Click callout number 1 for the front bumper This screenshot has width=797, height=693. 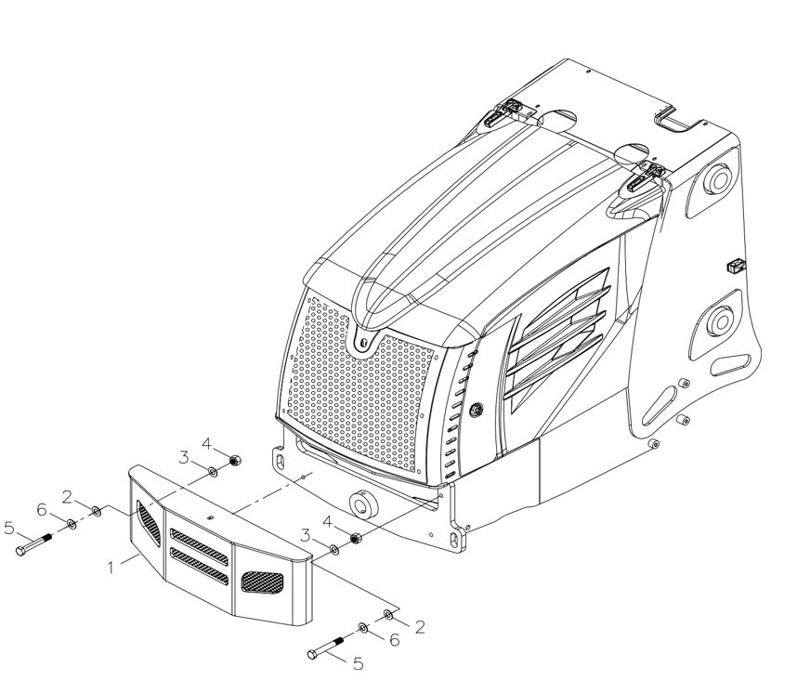point(111,568)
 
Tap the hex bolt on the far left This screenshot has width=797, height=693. point(34,543)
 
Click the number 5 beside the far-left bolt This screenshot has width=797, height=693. point(8,528)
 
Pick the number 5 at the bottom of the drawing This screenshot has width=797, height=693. point(359,663)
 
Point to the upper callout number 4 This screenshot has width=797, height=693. point(206,444)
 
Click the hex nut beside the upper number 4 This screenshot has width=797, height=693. point(234,461)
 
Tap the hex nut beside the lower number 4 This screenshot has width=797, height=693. point(356,538)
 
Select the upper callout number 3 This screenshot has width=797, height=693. point(184,457)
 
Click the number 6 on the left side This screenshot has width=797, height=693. point(42,509)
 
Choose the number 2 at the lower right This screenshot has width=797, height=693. point(420,627)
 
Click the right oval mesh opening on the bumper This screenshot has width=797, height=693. point(262,582)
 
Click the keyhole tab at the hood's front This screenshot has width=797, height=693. point(363,342)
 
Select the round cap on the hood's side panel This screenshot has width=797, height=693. point(476,410)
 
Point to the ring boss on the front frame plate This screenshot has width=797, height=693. point(363,505)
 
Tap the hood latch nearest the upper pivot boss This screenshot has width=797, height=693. point(646,177)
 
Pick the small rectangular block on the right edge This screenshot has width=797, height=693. point(736,265)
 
